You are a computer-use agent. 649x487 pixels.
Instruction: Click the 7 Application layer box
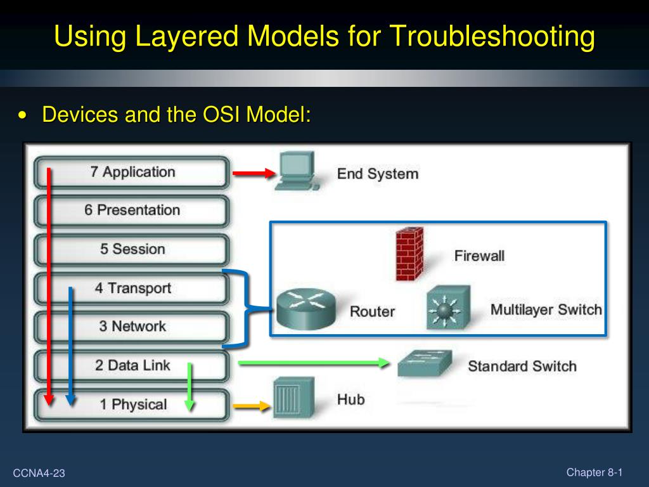click(132, 172)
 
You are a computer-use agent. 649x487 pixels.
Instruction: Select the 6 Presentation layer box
click(132, 211)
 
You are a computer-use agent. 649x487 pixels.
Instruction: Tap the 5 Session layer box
click(132, 249)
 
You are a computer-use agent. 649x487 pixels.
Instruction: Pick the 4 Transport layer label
click(133, 288)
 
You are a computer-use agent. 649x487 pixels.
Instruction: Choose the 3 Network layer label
click(132, 327)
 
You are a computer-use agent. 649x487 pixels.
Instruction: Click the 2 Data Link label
click(132, 365)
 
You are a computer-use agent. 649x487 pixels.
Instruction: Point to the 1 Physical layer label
click(133, 405)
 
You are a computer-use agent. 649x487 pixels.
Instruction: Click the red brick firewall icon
click(409, 254)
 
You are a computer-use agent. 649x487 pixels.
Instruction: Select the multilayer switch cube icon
click(448, 307)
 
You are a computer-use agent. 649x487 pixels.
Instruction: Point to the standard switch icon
click(425, 363)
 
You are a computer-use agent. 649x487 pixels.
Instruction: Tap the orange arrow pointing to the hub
click(252, 407)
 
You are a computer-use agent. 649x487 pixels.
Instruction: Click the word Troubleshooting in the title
click(492, 36)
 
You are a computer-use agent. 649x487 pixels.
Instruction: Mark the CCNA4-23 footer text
click(39, 473)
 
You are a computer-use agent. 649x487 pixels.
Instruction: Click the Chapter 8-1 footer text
click(594, 472)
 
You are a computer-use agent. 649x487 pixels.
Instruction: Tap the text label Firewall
click(479, 256)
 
